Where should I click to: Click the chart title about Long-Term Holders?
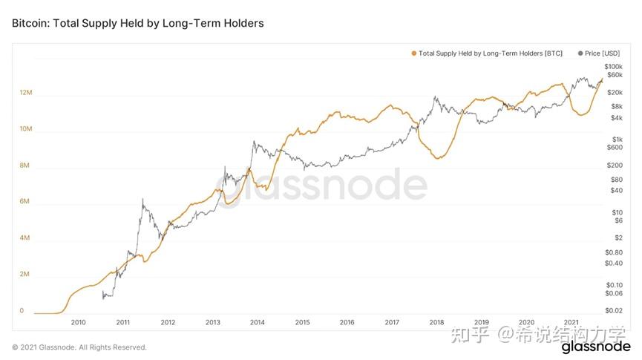[137, 24]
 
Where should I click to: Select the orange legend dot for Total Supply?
[413, 53]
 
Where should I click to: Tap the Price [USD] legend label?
[602, 53]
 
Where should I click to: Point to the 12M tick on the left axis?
[26, 93]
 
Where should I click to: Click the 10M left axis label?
[26, 129]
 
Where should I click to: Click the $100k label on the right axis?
[613, 67]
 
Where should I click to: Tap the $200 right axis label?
[615, 165]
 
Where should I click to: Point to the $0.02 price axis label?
[614, 310]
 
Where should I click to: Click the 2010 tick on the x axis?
[78, 322]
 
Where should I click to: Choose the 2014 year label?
[257, 322]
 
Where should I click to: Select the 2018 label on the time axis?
[436, 322]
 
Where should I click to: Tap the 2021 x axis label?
[571, 322]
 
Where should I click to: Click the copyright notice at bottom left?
[79, 347]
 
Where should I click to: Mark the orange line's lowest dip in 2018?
[439, 158]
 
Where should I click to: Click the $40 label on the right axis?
[617, 190]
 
